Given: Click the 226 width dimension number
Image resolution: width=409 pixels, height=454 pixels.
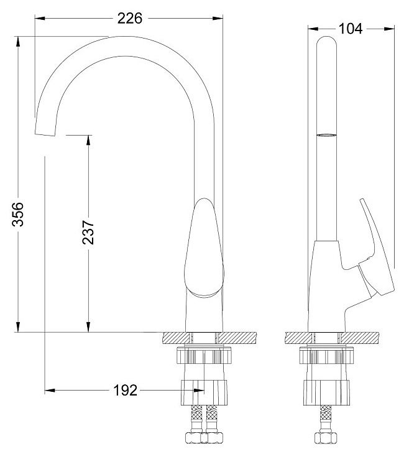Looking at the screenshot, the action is tap(130, 19).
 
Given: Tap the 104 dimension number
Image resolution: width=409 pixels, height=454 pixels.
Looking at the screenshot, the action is tap(350, 29).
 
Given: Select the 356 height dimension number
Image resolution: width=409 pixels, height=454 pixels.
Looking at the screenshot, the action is tap(17, 215).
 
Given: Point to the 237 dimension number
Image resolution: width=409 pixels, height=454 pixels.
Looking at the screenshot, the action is tap(88, 233).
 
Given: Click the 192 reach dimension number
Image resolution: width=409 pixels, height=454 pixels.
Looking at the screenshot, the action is tap(126, 391).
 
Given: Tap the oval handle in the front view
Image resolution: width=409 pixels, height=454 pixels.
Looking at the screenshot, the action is tap(204, 248).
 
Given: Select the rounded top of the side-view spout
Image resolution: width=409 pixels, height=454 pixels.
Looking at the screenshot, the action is tap(326, 40).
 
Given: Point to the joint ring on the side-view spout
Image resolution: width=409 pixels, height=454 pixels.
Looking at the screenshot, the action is tap(326, 135).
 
